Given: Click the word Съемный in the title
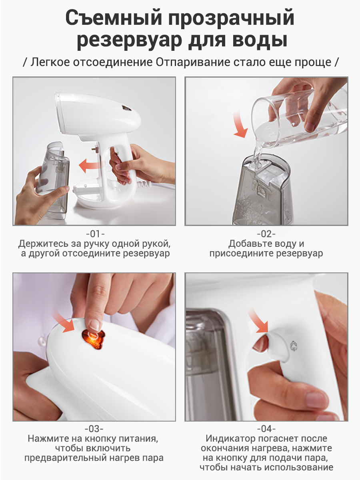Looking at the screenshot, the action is (x=114, y=18).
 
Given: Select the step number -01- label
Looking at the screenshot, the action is (x=95, y=234).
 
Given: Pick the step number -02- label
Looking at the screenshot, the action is (x=266, y=234).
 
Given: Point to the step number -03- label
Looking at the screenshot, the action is (x=94, y=429).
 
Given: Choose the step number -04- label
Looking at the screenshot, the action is (x=266, y=429).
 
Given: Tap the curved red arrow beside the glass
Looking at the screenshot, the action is (x=240, y=124).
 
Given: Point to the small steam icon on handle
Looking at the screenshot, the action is (x=294, y=346).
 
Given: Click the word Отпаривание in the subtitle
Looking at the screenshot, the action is (x=193, y=62).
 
